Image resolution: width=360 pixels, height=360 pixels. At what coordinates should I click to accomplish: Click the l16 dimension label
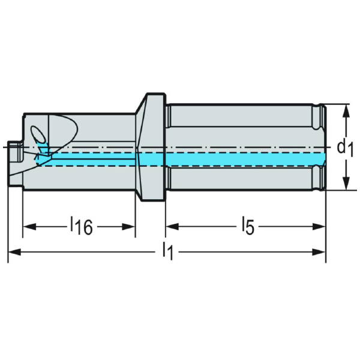click(x=81, y=226)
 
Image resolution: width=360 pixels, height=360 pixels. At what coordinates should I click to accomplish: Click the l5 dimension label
click(x=247, y=226)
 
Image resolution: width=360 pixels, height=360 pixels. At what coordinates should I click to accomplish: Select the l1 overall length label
click(x=168, y=252)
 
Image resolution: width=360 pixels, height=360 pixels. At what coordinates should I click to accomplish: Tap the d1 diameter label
click(x=344, y=147)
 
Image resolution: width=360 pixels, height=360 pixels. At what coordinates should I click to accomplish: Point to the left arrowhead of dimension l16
click(x=28, y=226)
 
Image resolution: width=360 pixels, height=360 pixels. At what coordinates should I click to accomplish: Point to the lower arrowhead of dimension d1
click(x=346, y=185)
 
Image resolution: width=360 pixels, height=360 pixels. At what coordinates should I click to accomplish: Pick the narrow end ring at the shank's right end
click(x=323, y=147)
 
